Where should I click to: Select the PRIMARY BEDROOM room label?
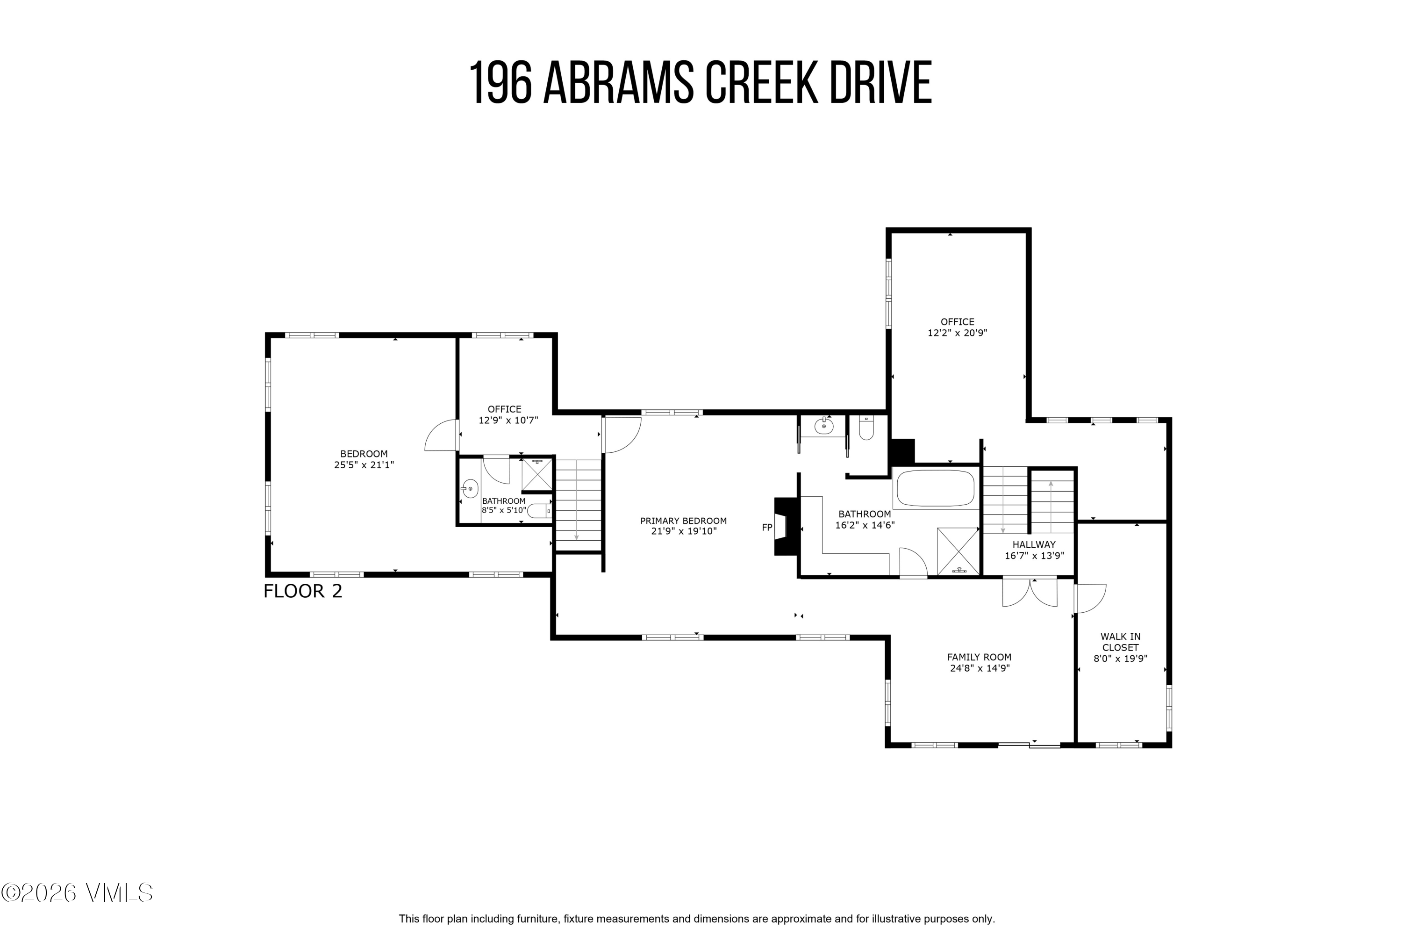pos(683,521)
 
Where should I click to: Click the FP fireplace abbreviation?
pos(767,527)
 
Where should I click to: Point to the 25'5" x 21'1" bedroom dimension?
pos(364,464)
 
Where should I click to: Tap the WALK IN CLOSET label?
pos(1120,642)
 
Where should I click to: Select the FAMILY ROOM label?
pos(979,657)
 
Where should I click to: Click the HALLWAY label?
pos(1033,544)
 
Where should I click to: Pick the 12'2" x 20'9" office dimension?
pos(957,333)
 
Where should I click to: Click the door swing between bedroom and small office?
pos(441,436)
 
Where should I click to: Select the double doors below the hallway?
pos(1029,593)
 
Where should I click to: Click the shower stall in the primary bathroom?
pos(958,551)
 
